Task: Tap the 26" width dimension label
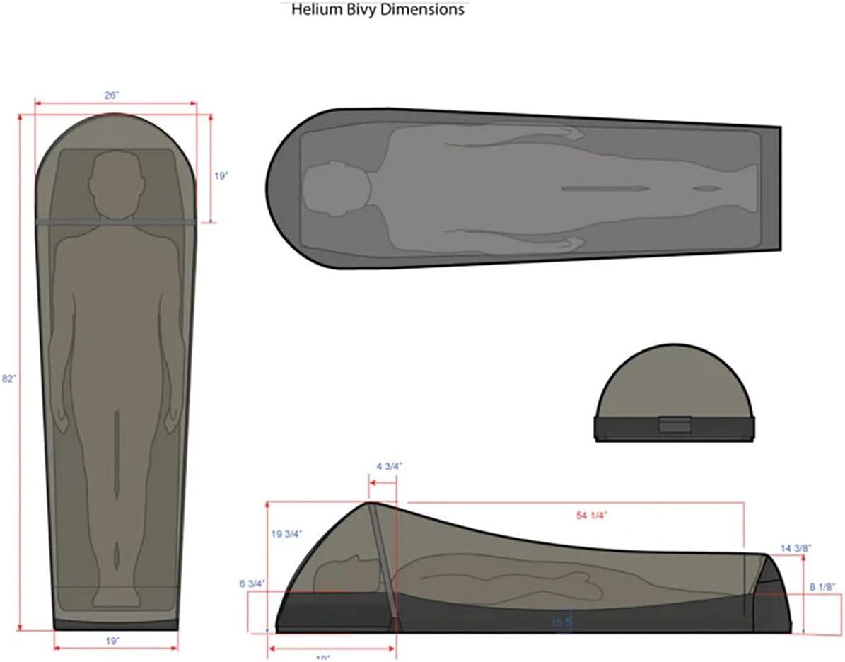[x=112, y=95]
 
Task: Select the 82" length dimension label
[x=8, y=378]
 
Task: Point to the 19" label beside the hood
[x=221, y=175]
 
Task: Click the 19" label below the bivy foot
[x=113, y=641]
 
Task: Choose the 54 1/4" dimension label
[x=593, y=515]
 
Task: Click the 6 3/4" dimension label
[x=252, y=583]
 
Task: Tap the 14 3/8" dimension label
[x=796, y=548]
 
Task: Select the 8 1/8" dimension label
[x=823, y=587]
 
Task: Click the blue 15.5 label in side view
[x=561, y=622]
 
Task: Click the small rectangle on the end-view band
[x=675, y=425]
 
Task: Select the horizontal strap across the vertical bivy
[x=115, y=222]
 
